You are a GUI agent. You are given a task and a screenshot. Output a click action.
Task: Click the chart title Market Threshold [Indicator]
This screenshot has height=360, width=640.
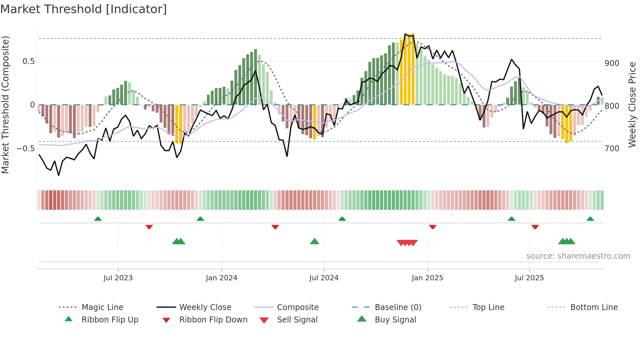click(x=84, y=9)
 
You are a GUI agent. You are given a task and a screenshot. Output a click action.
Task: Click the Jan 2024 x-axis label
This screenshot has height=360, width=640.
click(x=221, y=278)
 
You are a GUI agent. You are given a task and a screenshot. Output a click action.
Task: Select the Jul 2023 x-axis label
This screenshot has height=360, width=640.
click(x=118, y=278)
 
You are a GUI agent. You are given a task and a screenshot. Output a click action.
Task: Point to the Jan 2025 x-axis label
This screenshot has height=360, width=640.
click(x=427, y=278)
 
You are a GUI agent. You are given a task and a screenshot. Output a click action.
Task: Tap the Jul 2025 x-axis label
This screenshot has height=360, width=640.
click(x=529, y=278)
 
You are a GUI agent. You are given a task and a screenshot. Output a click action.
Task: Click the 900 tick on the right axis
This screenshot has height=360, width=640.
click(x=612, y=63)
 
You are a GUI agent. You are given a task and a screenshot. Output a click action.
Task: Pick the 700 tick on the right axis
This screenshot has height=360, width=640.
click(x=612, y=149)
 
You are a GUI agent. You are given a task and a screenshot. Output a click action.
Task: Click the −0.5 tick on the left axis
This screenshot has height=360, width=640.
click(x=25, y=149)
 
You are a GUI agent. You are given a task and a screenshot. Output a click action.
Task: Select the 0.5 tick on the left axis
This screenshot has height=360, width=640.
click(x=28, y=61)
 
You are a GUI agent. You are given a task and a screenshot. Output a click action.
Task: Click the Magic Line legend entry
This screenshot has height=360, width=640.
click(x=102, y=307)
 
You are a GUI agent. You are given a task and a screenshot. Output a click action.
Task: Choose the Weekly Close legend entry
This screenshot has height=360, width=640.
click(x=205, y=307)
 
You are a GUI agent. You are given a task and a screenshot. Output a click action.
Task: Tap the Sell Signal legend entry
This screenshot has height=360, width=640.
click(x=297, y=320)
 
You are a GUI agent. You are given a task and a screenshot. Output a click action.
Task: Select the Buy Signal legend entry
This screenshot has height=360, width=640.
click(x=395, y=320)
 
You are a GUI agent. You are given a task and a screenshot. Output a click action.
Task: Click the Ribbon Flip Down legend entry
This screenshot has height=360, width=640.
click(x=213, y=320)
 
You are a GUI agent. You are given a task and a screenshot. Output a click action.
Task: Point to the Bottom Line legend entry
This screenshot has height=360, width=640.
click(x=594, y=307)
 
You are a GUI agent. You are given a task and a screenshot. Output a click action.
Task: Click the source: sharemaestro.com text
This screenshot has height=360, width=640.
click(x=578, y=256)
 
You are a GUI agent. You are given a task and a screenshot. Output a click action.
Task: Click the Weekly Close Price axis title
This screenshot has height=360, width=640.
click(x=632, y=105)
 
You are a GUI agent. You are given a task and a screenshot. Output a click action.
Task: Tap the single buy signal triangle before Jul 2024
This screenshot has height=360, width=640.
click(x=314, y=241)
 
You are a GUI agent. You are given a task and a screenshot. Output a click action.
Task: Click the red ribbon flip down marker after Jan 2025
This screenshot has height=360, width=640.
click(x=433, y=227)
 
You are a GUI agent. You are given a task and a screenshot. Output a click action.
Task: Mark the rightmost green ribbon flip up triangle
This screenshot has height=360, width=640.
click(x=590, y=219)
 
